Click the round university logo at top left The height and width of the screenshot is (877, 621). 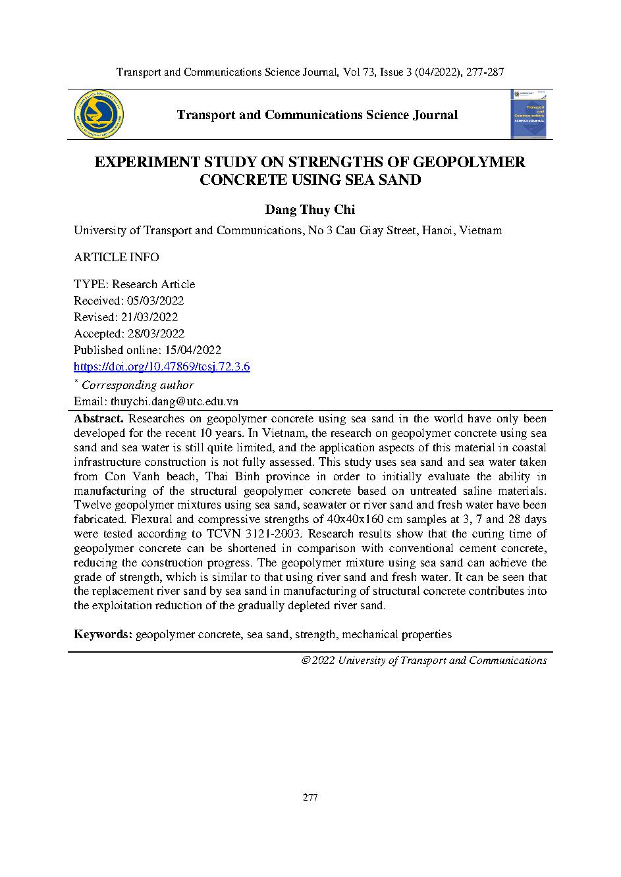click(99, 115)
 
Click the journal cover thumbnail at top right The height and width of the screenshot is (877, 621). click(531, 114)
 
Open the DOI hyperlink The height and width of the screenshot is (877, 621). click(161, 367)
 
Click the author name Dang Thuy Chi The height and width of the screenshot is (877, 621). click(310, 210)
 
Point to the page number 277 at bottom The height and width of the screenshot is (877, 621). click(310, 797)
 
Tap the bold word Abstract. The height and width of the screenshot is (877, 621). click(98, 419)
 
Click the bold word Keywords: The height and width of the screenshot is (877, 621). click(103, 634)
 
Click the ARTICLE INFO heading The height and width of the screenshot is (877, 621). click(116, 257)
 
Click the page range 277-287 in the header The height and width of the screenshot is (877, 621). click(485, 72)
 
